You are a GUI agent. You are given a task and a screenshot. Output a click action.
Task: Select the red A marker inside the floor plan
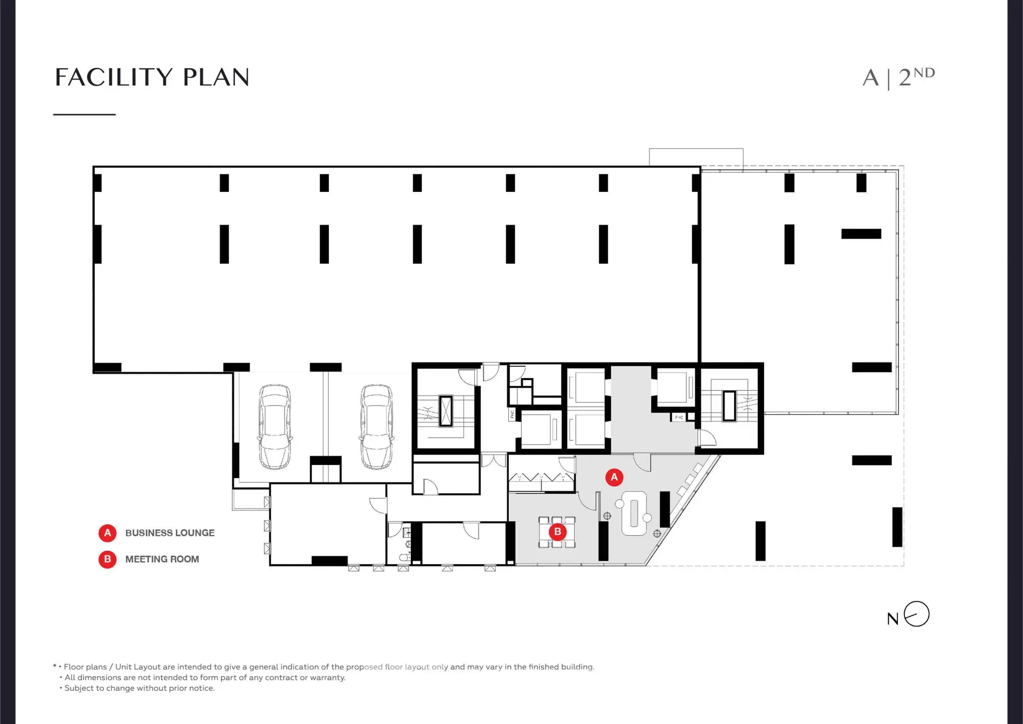614,477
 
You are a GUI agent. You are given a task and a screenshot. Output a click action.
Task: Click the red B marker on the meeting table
557,532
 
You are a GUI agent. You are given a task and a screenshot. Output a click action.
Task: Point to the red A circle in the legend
107,533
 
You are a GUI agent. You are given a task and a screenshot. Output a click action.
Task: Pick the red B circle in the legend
107,559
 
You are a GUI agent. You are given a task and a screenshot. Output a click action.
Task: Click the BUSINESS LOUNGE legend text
170,533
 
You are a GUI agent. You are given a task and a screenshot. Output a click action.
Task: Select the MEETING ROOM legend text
162,559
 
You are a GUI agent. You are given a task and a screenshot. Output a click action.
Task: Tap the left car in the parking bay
275,427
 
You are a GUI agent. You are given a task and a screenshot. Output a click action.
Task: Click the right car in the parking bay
377,427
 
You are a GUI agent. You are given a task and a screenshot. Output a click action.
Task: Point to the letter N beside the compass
893,619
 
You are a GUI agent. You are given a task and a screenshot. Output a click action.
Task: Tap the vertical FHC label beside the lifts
512,414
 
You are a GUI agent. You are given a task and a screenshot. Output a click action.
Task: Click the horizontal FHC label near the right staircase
679,417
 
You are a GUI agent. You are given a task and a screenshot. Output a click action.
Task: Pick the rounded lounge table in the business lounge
634,513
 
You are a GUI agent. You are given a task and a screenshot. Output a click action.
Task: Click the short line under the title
84,114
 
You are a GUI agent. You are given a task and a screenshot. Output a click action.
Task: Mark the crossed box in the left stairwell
445,411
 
